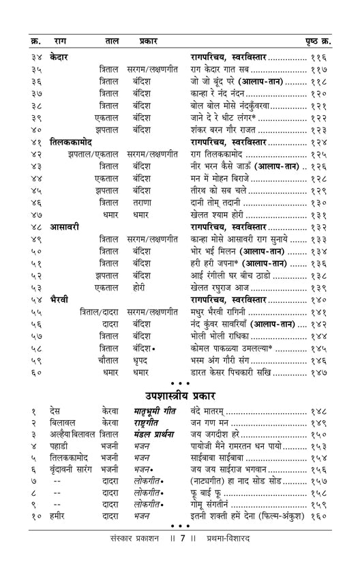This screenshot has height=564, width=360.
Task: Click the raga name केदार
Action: (x=62, y=57)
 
